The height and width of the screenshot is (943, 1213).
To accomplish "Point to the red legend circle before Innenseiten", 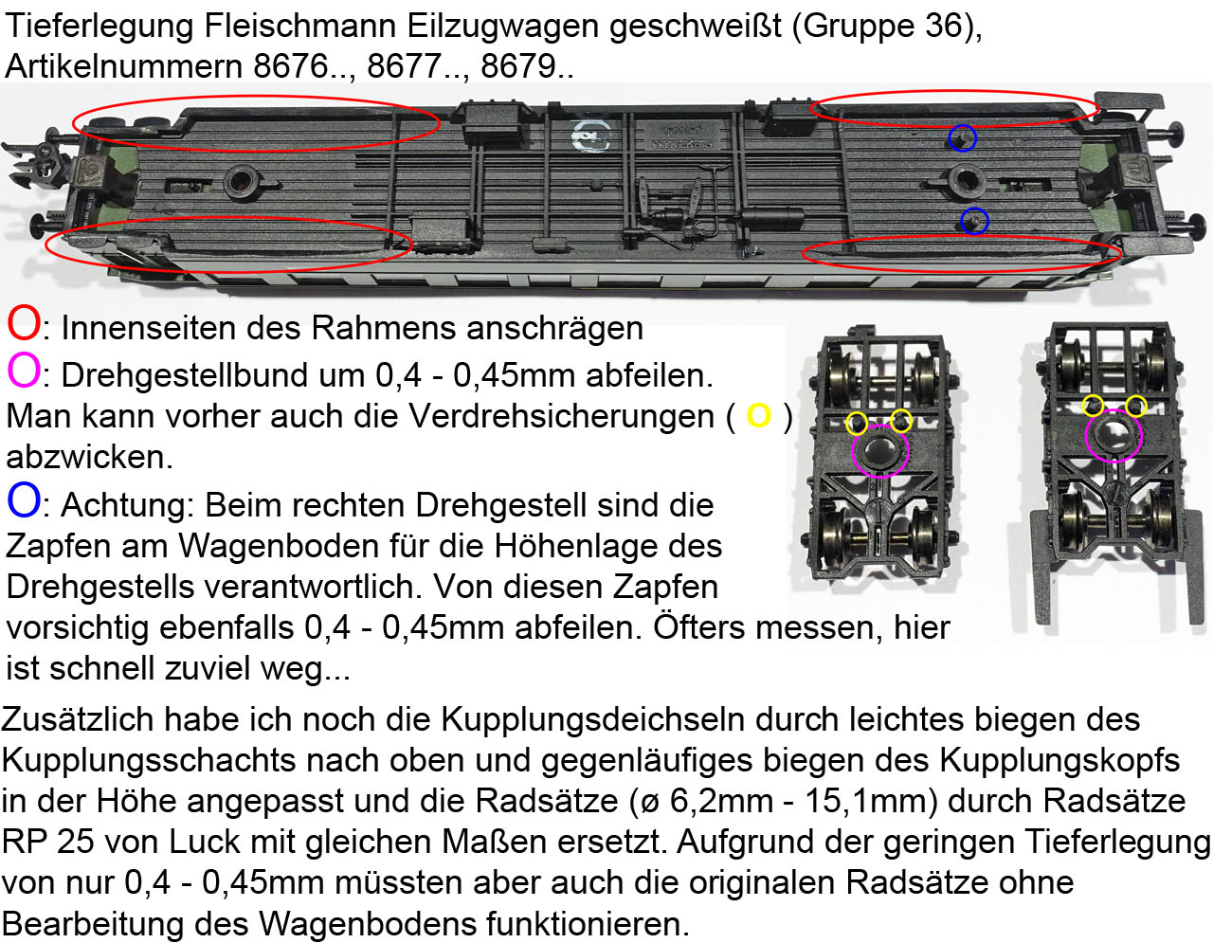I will click(24, 324).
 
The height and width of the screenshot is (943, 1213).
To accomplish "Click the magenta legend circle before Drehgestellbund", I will click(24, 371).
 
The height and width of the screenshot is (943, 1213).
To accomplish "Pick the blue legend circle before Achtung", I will click(24, 500).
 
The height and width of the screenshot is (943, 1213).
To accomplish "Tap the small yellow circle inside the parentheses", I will click(759, 415).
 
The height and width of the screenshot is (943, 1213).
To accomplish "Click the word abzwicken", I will click(89, 458).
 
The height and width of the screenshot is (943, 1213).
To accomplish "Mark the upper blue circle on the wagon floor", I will click(963, 138).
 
